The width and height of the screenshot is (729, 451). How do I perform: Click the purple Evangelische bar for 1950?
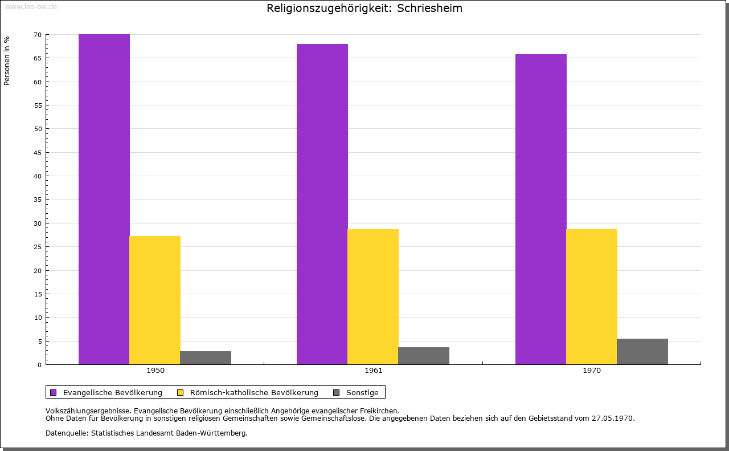pyautogui.click(x=104, y=200)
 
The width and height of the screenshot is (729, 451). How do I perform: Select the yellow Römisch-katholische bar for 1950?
pyautogui.click(x=155, y=300)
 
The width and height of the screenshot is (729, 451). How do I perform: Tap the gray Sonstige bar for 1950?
pyautogui.click(x=206, y=357)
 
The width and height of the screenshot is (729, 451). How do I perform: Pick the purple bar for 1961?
pyautogui.click(x=322, y=204)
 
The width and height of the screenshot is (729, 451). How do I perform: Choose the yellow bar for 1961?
pyautogui.click(x=373, y=296)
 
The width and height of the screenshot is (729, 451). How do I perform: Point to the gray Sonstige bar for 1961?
pyautogui.click(x=424, y=356)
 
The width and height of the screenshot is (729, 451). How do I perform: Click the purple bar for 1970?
pyautogui.click(x=541, y=209)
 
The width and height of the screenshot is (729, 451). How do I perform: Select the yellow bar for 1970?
pyautogui.click(x=592, y=296)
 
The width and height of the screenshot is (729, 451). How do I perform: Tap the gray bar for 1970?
pyautogui.click(x=642, y=351)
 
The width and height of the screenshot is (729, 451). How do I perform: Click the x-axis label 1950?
pyautogui.click(x=155, y=371)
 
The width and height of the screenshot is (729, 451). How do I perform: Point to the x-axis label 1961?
pyautogui.click(x=374, y=371)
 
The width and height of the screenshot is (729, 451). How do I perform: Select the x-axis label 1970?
pyautogui.click(x=592, y=371)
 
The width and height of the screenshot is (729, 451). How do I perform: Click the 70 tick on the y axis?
pyautogui.click(x=38, y=35)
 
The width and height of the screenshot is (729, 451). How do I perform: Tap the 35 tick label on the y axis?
pyautogui.click(x=38, y=200)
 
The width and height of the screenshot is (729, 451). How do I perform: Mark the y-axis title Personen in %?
pyautogui.click(x=7, y=60)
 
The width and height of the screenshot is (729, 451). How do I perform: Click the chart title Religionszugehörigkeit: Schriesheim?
pyautogui.click(x=364, y=9)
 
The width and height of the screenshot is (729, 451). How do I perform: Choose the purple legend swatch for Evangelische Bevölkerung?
pyautogui.click(x=54, y=392)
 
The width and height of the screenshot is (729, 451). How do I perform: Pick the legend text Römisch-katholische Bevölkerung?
pyautogui.click(x=254, y=392)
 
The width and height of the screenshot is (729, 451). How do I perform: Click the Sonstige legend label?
pyautogui.click(x=362, y=392)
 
